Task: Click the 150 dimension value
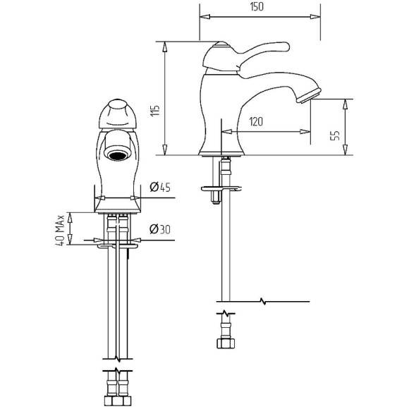pyautogui.click(x=257, y=7)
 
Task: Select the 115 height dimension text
pyautogui.click(x=155, y=111)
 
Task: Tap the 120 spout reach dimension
pyautogui.click(x=256, y=121)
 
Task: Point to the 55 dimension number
pyautogui.click(x=335, y=135)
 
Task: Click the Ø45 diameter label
pyautogui.click(x=160, y=187)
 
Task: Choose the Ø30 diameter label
pyautogui.click(x=160, y=229)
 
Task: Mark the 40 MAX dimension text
pyautogui.click(x=60, y=230)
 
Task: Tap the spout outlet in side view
pyautogui.click(x=309, y=95)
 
